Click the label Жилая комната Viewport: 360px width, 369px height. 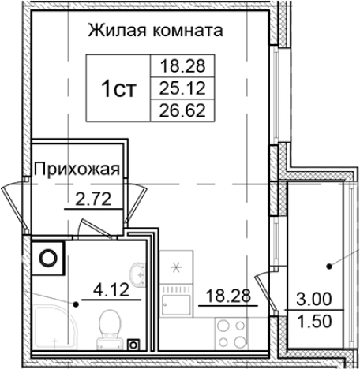[154, 32]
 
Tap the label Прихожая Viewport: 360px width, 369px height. [76, 168]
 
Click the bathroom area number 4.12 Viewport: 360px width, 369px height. [111, 289]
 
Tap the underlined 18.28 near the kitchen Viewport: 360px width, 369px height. [222, 296]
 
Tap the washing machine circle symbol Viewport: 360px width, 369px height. [49, 256]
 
